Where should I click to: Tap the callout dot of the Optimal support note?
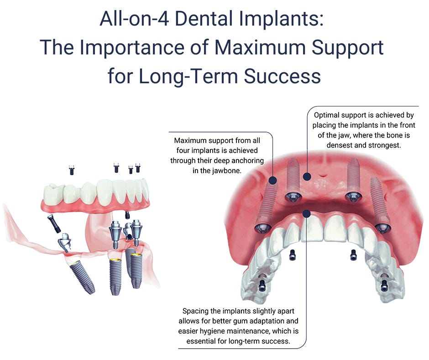pyautogui.click(x=307, y=176)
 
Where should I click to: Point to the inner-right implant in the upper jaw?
pyautogui.click(x=353, y=181)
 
